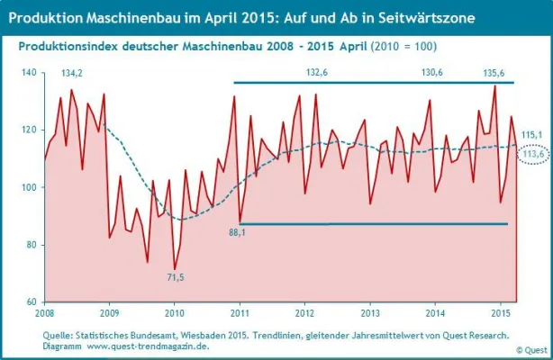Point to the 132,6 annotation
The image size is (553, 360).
point(317,72)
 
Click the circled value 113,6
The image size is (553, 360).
point(536,154)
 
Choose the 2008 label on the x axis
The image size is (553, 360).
point(45,314)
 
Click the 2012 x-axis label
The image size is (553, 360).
point(304,314)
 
